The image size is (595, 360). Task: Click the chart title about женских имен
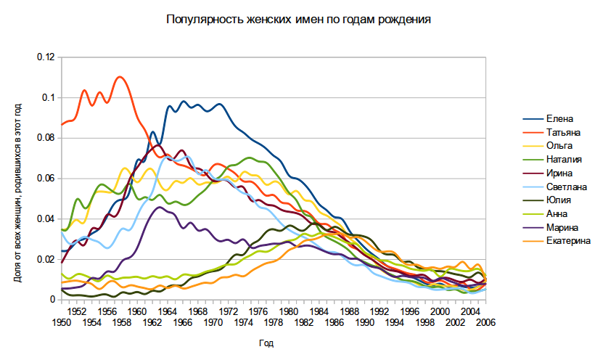tap(298, 20)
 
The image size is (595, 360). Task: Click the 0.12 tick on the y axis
tap(46, 57)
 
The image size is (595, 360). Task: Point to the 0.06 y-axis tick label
tap(46, 178)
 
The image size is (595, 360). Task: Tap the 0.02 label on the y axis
tap(46, 259)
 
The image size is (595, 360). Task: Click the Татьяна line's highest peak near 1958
tap(120, 77)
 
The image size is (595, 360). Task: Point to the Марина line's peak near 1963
tap(160, 208)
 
